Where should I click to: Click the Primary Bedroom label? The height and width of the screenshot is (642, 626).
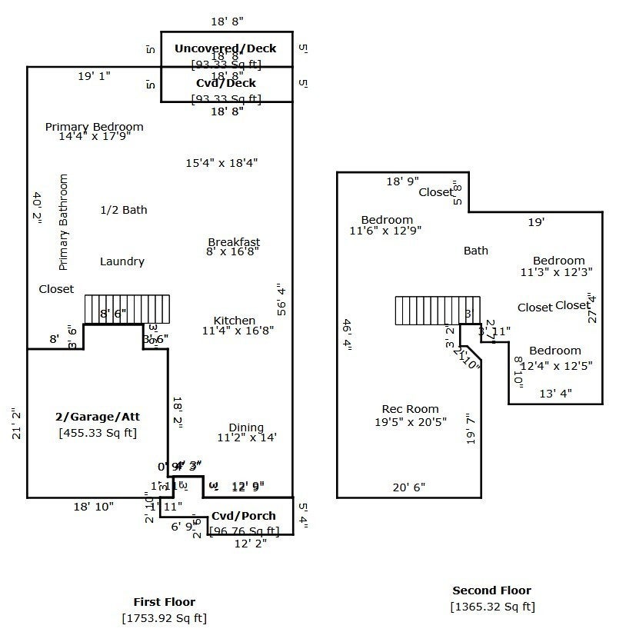(x=94, y=127)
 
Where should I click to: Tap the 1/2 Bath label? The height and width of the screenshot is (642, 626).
(x=124, y=210)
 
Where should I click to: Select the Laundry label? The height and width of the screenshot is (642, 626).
(x=122, y=261)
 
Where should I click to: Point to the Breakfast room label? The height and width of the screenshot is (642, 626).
(x=234, y=242)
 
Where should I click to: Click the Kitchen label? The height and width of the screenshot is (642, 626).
(x=235, y=321)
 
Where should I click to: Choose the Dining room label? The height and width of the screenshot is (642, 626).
(x=246, y=427)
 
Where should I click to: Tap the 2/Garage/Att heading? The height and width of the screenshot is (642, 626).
(x=98, y=417)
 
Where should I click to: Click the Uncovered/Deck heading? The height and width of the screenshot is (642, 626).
(x=225, y=48)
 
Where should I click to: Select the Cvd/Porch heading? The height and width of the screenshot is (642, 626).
(x=244, y=516)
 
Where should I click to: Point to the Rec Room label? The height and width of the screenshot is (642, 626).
(x=411, y=409)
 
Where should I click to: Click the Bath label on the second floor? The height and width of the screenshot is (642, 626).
(x=476, y=251)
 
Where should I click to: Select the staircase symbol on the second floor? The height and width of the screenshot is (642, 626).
(x=438, y=311)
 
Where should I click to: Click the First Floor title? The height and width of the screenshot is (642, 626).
(x=165, y=602)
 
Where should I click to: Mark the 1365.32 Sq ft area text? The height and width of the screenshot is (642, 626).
(x=492, y=607)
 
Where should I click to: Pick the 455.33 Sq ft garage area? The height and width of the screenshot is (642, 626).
(x=98, y=433)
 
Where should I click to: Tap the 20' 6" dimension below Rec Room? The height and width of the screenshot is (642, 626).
(x=408, y=487)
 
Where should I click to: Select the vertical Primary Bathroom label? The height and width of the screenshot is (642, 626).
(x=64, y=222)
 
